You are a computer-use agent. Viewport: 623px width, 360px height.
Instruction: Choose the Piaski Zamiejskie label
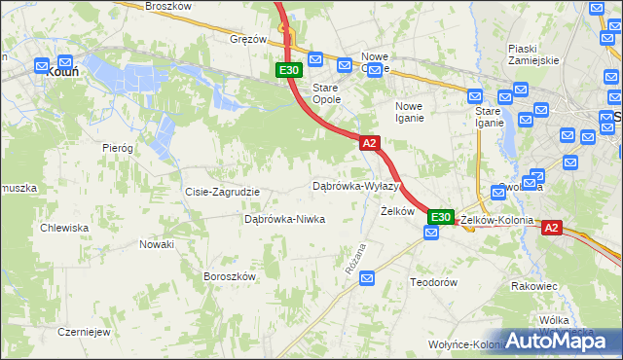point(533,54)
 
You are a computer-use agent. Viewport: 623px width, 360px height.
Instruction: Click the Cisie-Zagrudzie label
point(222,192)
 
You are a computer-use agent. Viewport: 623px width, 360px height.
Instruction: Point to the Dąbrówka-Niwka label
point(284,220)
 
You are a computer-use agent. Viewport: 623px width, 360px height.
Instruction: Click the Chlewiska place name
point(64,228)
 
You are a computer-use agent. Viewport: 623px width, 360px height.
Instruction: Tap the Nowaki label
point(156,244)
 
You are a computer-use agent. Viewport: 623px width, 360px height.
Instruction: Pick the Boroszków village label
point(229,276)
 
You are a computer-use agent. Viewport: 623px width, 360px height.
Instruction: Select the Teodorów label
point(434,281)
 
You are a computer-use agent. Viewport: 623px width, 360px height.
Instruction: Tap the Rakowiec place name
point(533,286)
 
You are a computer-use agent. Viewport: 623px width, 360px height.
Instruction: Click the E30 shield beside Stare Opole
point(288,70)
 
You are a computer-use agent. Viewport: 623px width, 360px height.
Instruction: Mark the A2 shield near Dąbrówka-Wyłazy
point(369,143)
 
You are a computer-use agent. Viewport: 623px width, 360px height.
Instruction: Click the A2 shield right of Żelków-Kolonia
point(551,228)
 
